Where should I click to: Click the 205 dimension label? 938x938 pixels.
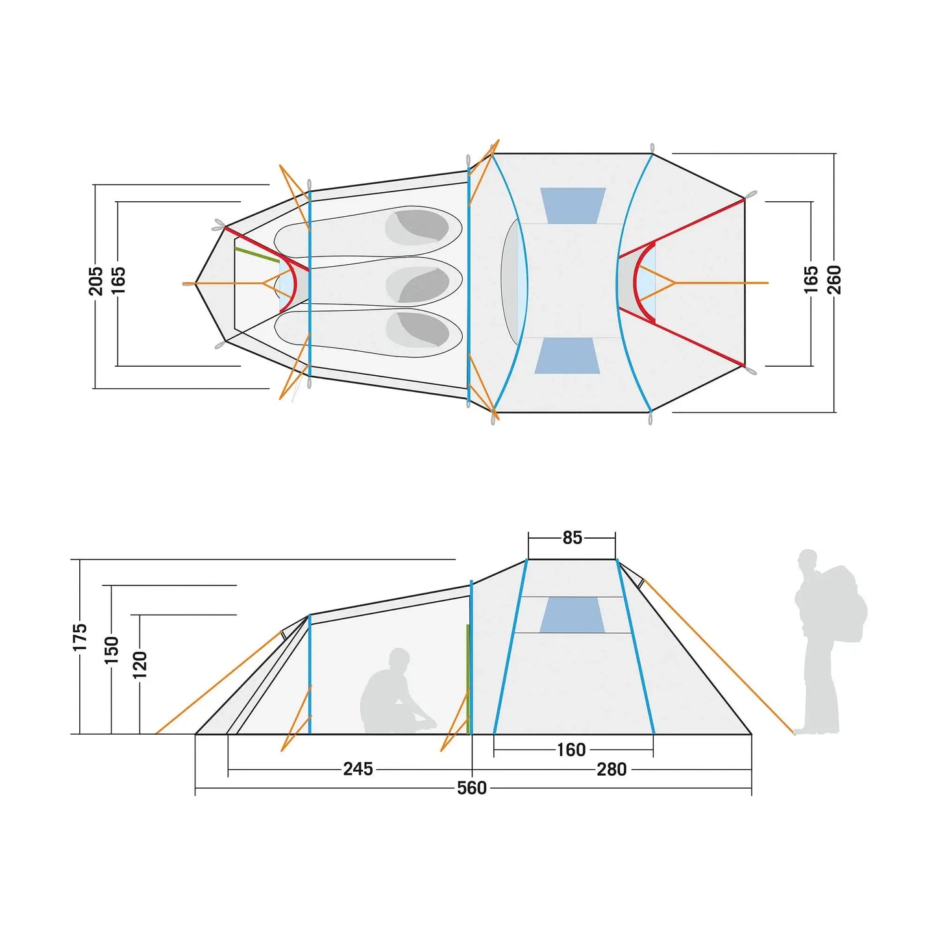tap(96, 281)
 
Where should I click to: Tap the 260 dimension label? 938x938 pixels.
tap(834, 280)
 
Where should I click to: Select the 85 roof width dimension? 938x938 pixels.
tap(572, 537)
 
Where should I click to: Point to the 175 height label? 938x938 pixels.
tap(80, 637)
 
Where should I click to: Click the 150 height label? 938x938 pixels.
tap(112, 650)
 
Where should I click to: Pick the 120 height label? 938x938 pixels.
tap(140, 665)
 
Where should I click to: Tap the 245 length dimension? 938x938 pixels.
tap(358, 769)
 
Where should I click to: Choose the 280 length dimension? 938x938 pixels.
tap(611, 770)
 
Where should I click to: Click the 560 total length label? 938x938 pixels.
tap(472, 788)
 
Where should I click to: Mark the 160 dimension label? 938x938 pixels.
tap(571, 750)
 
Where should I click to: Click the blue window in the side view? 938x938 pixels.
tap(573, 615)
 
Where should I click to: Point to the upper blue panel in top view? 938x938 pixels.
tap(573, 205)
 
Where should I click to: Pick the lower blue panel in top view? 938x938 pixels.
tap(567, 356)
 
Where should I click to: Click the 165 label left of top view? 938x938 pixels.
tap(118, 281)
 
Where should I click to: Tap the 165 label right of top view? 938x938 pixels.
tap(811, 280)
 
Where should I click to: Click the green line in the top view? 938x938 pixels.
tap(257, 255)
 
